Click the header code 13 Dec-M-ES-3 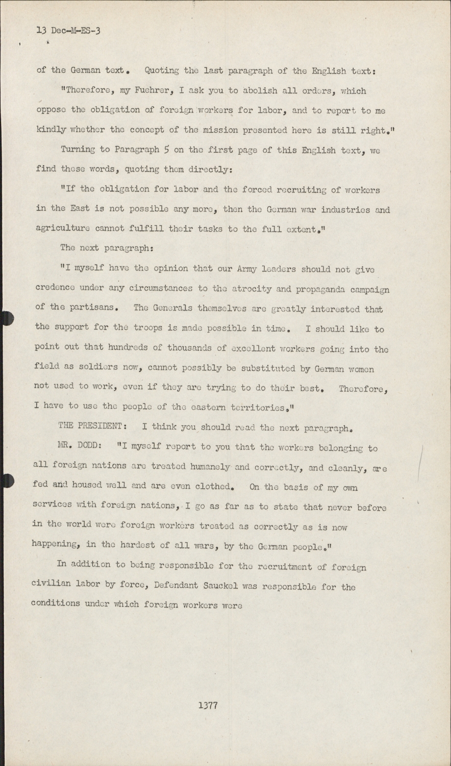coord(68,31)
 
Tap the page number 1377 coord(209,706)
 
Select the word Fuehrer coord(155,91)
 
